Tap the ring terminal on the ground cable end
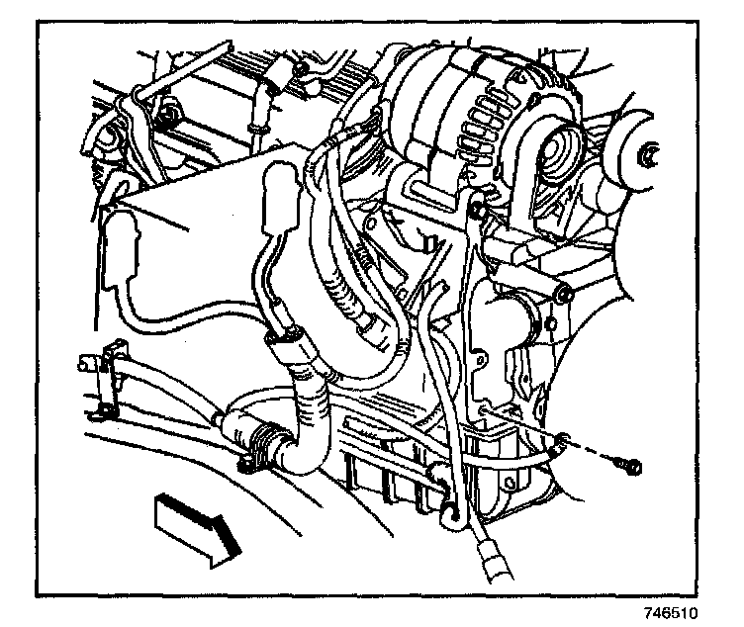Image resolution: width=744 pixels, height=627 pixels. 561,446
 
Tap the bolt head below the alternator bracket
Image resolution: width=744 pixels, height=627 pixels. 563,294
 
